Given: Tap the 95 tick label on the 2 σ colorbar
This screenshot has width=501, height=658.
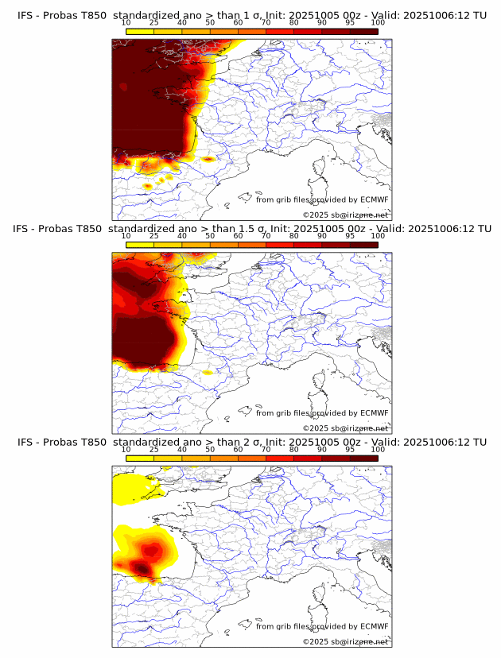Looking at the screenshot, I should (350, 449).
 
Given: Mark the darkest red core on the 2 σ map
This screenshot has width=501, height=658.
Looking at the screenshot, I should (142, 567).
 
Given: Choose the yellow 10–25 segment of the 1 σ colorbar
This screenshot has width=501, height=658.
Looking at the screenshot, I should (140, 30).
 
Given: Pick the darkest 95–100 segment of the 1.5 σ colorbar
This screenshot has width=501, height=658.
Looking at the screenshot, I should (364, 244).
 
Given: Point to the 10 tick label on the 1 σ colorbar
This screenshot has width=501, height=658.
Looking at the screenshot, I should (126, 22).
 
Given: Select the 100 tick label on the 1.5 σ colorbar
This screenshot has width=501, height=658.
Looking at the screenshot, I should (378, 236).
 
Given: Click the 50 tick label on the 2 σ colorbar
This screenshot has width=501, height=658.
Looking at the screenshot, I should (210, 449).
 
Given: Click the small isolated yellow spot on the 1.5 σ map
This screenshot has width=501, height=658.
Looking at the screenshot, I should (208, 372).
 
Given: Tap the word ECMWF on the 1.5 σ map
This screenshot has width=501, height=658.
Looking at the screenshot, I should (374, 412).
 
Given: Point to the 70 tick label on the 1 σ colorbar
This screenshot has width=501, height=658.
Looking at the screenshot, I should (266, 22).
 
